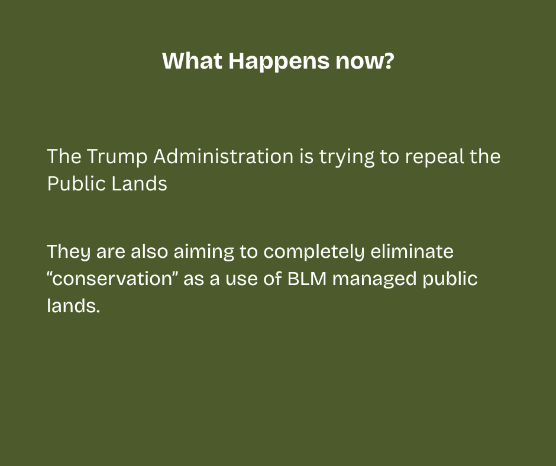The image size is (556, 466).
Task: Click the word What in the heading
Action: pyautogui.click(x=192, y=61)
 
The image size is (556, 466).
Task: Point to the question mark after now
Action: pyautogui.click(x=389, y=61)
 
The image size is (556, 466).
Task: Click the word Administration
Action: pyautogui.click(x=224, y=156)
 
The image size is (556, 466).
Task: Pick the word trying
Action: pyautogui.click(x=347, y=157)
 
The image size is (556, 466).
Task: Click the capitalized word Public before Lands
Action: pyautogui.click(x=76, y=183)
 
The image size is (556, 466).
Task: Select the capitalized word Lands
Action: pyautogui.click(x=139, y=183)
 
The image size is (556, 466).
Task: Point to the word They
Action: pyautogui.click(x=69, y=252)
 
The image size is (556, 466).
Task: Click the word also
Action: pyautogui.click(x=149, y=251)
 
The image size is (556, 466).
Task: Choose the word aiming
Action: pyautogui.click(x=204, y=252)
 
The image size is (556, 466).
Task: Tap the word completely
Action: pyautogui.click(x=314, y=252)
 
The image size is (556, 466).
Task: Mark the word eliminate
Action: pyautogui.click(x=412, y=251)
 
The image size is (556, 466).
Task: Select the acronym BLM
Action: pyautogui.click(x=307, y=279)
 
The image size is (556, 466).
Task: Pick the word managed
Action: pyautogui.click(x=374, y=280)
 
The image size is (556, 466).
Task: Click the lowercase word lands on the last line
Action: pyautogui.click(x=73, y=305)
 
